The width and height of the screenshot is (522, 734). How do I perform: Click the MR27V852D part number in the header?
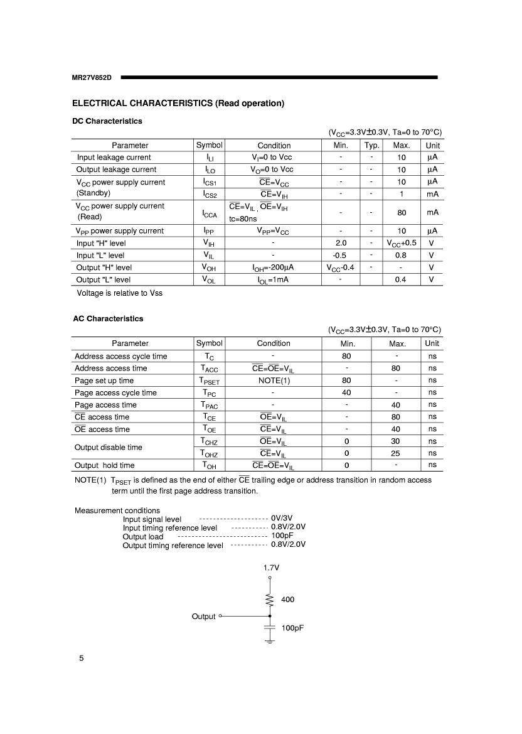[92, 77]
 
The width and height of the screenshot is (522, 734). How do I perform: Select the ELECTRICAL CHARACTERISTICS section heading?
[178, 103]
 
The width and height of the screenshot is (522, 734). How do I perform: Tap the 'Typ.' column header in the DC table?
[372, 145]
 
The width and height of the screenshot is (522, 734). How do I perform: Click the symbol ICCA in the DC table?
[210, 213]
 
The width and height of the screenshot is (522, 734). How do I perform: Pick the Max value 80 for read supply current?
[402, 213]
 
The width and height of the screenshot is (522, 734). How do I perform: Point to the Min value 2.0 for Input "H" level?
[341, 243]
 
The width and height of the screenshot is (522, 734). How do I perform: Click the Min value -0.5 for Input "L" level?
[341, 256]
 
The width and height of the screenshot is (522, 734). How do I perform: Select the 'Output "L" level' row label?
[104, 279]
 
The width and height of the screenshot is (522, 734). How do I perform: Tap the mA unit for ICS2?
[432, 194]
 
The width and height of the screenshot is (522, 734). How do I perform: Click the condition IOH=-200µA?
[274, 267]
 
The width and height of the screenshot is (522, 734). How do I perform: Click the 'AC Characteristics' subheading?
[108, 318]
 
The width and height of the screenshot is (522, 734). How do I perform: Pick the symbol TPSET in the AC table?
[210, 380]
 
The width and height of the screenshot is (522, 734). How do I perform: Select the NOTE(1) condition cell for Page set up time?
[274, 380]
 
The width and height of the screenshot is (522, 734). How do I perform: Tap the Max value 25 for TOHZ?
[395, 453]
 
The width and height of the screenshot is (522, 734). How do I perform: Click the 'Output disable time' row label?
[108, 447]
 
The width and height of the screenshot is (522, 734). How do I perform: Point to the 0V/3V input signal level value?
[282, 519]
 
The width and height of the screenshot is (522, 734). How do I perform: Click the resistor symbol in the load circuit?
[270, 600]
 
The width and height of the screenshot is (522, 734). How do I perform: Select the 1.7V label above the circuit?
[270, 567]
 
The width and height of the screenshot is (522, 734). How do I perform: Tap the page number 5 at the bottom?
[81, 658]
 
